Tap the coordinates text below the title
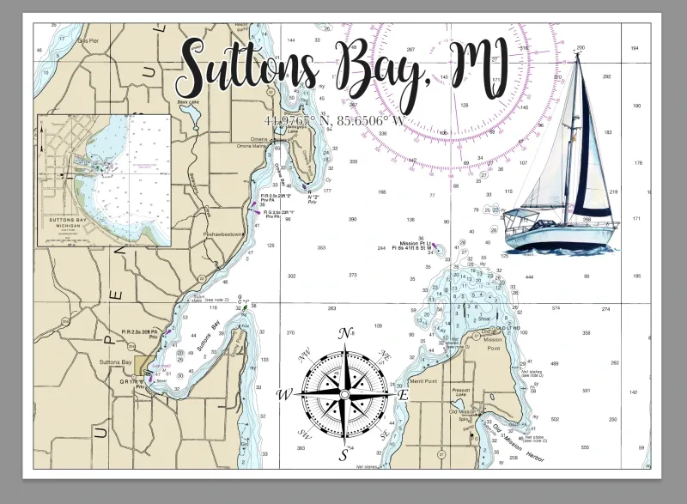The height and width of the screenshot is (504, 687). click(x=335, y=120)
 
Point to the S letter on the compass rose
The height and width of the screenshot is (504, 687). click(x=343, y=454)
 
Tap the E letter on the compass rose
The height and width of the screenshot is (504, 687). click(x=402, y=394)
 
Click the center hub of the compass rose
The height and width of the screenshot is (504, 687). click(x=344, y=394)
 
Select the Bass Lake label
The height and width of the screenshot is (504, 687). click(x=187, y=101)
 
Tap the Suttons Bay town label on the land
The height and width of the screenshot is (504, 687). click(x=115, y=362)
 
